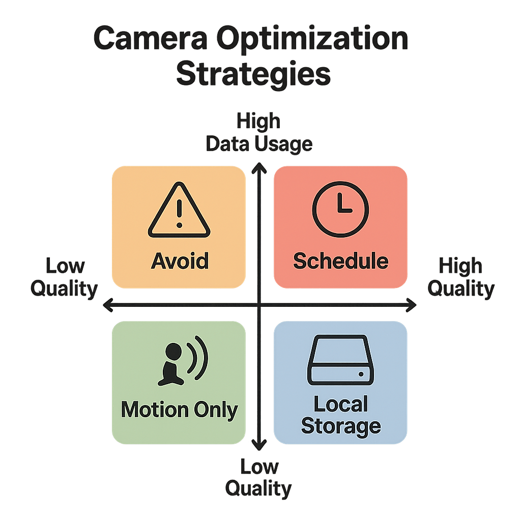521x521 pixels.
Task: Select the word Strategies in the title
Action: [253, 74]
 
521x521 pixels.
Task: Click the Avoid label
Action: [180, 261]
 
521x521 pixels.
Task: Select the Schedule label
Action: [340, 261]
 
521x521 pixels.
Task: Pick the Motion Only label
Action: [179, 410]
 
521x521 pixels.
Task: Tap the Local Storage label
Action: [340, 415]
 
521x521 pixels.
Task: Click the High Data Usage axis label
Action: [259, 133]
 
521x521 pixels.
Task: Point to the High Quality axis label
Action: [460, 278]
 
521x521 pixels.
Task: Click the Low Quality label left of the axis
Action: [64, 278]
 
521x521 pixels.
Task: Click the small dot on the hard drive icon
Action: [361, 374]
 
